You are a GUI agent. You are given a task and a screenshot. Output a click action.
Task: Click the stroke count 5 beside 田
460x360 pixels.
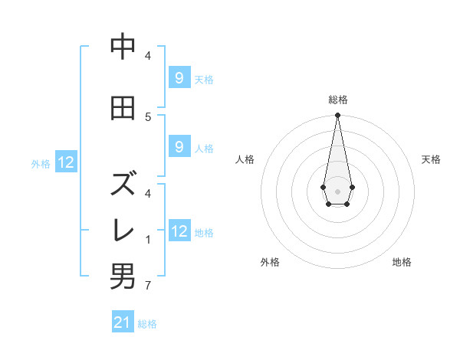(x=148, y=116)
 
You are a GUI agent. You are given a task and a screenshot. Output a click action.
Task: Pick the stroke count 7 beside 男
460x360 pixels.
(x=148, y=286)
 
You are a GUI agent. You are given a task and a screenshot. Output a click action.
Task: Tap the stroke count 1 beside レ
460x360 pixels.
(x=148, y=240)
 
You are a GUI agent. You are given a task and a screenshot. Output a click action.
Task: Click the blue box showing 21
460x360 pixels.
(x=123, y=322)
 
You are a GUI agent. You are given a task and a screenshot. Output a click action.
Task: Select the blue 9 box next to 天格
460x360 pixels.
(x=179, y=77)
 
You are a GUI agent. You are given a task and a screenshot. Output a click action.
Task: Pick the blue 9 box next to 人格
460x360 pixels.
(x=179, y=147)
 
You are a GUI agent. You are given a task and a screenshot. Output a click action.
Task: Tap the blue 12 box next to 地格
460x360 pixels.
(x=179, y=231)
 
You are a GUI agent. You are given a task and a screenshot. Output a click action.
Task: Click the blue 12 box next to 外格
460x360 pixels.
(x=66, y=162)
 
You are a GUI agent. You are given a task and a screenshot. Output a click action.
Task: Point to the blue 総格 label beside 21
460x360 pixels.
(x=147, y=324)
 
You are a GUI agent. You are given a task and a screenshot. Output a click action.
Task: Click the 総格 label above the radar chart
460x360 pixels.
(x=338, y=100)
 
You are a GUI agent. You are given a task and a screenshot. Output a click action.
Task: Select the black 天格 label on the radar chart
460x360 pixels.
(x=431, y=159)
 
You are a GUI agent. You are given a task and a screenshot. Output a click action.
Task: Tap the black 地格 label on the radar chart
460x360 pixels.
(x=402, y=262)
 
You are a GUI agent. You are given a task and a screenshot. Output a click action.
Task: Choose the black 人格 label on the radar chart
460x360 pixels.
(x=245, y=159)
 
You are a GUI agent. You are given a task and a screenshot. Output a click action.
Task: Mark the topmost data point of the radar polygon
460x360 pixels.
(x=337, y=116)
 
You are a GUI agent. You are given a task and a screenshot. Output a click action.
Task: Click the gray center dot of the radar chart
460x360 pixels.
(x=337, y=191)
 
